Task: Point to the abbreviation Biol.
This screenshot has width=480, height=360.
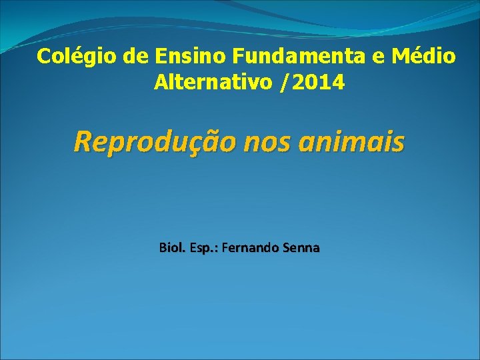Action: pyautogui.click(x=173, y=248)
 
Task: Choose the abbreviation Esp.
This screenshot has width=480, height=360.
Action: pyautogui.click(x=204, y=248)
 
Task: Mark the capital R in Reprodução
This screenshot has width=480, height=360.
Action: pyautogui.click(x=83, y=142)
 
